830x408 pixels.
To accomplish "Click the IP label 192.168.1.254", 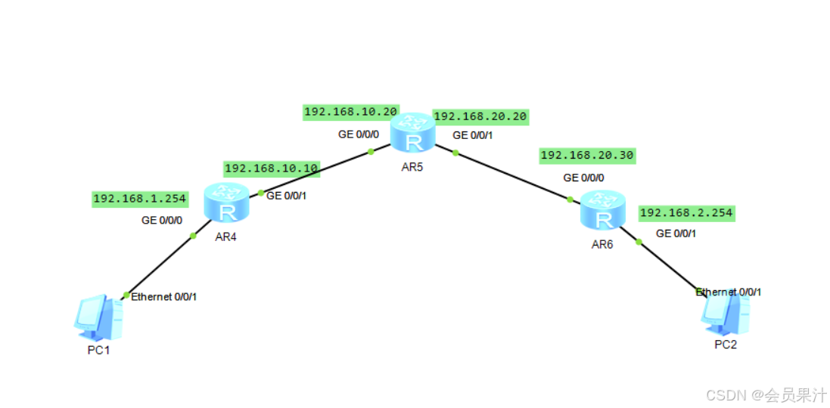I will click(x=139, y=199).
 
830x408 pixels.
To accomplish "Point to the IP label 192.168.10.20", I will click(x=350, y=112).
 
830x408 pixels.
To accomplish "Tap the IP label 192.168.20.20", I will click(x=480, y=116).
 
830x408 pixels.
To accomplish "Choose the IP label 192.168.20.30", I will click(x=587, y=155).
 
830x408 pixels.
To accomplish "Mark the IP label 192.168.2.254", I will click(x=686, y=213).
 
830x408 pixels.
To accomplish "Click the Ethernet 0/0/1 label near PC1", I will click(x=164, y=297).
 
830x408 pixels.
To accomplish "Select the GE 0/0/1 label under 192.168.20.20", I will click(x=473, y=135).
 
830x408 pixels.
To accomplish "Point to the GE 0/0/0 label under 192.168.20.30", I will click(x=583, y=178).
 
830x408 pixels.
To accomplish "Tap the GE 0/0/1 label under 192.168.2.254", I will click(x=676, y=233).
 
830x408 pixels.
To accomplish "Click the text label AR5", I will click(x=412, y=166).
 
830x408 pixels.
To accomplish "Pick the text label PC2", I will click(x=725, y=345).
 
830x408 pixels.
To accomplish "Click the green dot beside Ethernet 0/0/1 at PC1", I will click(x=126, y=295).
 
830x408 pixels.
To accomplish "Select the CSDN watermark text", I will click(x=766, y=395).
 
